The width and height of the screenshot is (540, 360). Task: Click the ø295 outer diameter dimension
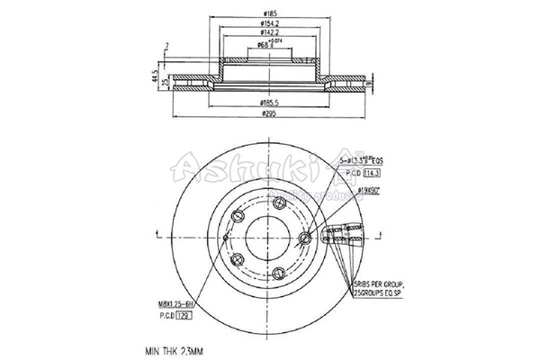click(268, 114)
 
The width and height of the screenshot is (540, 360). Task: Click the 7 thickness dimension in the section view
click(166, 45)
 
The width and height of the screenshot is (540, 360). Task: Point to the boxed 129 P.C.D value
click(184, 317)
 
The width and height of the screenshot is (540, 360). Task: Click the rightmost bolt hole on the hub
click(306, 238)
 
